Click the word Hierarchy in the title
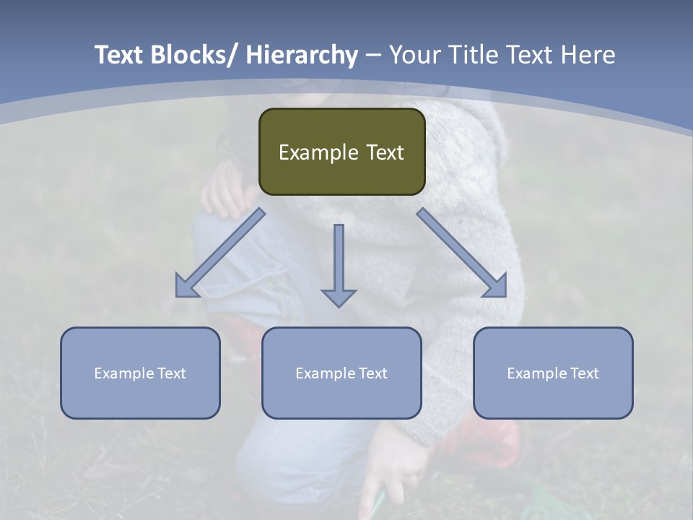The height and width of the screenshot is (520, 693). pyautogui.click(x=301, y=55)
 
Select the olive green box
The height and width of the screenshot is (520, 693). pyautogui.click(x=341, y=152)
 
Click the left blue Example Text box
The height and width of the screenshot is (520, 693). pyautogui.click(x=140, y=373)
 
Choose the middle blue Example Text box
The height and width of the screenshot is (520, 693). pyautogui.click(x=341, y=373)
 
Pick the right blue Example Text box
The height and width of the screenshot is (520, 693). pyautogui.click(x=553, y=373)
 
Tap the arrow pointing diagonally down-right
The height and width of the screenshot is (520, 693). pyautogui.click(x=462, y=253)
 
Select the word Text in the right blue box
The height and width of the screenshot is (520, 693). pyautogui.click(x=585, y=373)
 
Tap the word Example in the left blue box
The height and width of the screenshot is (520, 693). pyautogui.click(x=123, y=373)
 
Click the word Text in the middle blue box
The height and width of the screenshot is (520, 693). pyautogui.click(x=373, y=373)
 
